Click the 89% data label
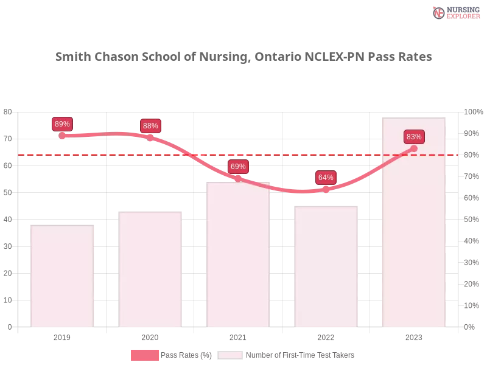coord(62,124)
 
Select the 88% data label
coord(150,126)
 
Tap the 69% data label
coord(238,167)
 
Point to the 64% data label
coord(326,178)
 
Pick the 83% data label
coord(414,137)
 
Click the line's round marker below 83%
coord(414,148)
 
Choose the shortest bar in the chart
coord(63,277)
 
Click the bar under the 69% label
coord(238,255)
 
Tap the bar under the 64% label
coord(326,268)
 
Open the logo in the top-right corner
coord(455,13)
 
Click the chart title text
coord(243,57)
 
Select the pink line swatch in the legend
coord(144,355)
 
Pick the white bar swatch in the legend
coord(230,355)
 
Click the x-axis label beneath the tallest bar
coord(414,336)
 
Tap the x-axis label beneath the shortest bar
coord(63,336)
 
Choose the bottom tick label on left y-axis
coord(9,327)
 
